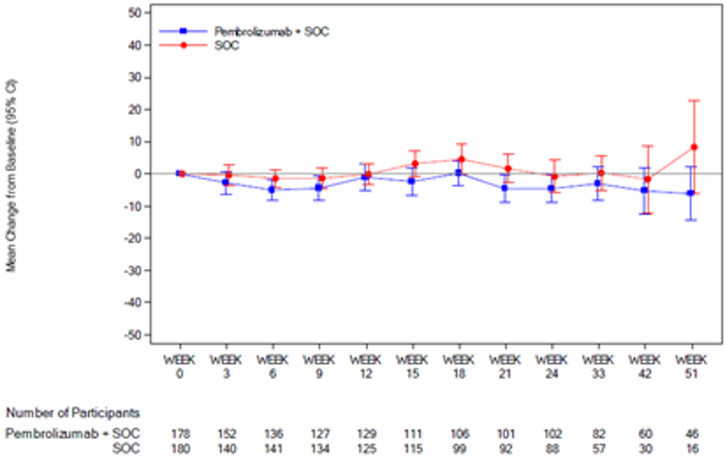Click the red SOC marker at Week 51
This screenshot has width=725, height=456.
click(695, 147)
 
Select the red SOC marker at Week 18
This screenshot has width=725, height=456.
click(461, 159)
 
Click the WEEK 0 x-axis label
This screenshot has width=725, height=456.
click(179, 367)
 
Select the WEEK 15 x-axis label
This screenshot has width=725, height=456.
click(412, 367)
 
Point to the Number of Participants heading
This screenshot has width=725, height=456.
click(74, 412)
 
